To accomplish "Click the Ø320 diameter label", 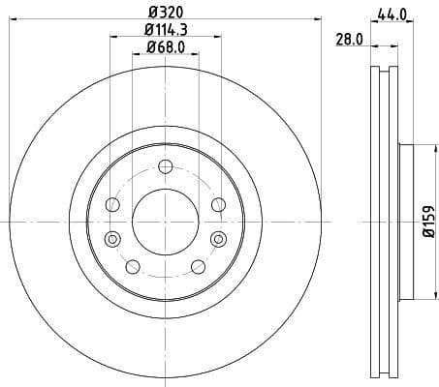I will tap(165, 13).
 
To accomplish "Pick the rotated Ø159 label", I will tap(427, 222).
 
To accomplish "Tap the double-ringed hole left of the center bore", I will tap(112, 239).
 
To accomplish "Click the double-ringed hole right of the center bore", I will tap(217, 239).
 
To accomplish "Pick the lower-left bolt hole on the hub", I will tap(133, 267).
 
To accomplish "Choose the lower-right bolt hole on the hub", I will tap(197, 267).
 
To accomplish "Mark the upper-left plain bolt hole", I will tap(112, 204).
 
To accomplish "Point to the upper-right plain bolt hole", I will tap(217, 204).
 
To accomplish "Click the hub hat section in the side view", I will tap(406, 222).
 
